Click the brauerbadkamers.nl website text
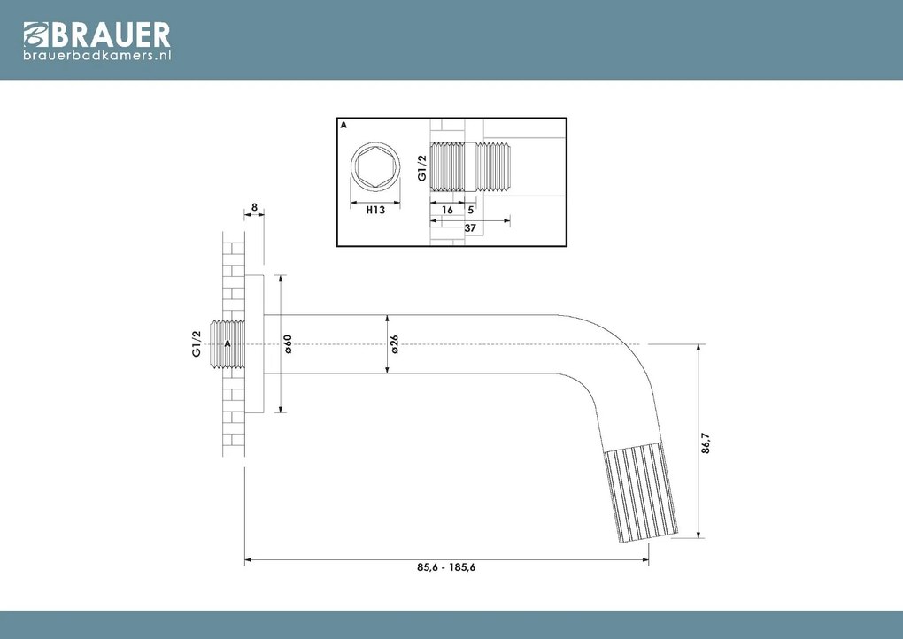[x=96, y=55]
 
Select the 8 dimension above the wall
[x=254, y=208]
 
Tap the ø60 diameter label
[x=288, y=343]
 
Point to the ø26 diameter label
[x=395, y=343]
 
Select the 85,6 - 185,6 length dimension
[x=446, y=568]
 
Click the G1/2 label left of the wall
[x=197, y=343]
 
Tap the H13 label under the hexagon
[x=374, y=211]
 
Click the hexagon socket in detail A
[x=375, y=168]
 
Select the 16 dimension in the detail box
[x=447, y=211]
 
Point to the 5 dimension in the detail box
[x=470, y=211]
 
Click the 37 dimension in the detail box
[x=470, y=228]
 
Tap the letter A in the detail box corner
[x=343, y=126]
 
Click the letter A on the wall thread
[x=228, y=343]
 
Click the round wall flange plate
[x=254, y=343]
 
